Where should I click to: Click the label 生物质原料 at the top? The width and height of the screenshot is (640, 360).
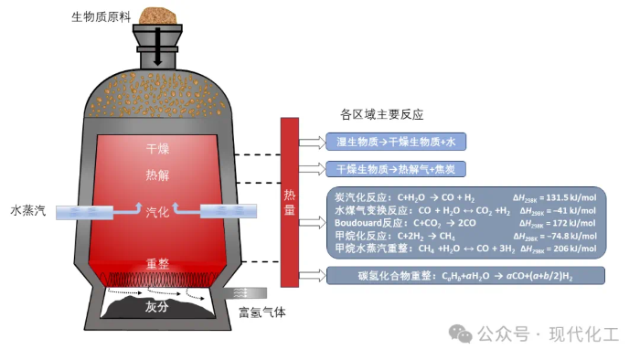[101, 17]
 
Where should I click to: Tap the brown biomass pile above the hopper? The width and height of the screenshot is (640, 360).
[157, 16]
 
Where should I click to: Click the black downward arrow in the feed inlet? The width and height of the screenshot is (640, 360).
[157, 47]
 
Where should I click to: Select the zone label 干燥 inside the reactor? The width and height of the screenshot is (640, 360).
[157, 148]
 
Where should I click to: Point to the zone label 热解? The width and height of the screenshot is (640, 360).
[157, 175]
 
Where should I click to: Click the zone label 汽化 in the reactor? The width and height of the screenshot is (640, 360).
[157, 212]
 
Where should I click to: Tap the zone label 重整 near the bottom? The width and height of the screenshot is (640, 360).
[157, 264]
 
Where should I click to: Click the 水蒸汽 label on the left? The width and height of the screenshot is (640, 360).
[28, 211]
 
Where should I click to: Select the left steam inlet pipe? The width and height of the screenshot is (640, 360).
[84, 212]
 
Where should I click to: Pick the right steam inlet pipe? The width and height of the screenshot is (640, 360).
[229, 211]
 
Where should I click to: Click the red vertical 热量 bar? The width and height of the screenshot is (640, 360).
[290, 202]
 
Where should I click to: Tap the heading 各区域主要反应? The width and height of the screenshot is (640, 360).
[381, 114]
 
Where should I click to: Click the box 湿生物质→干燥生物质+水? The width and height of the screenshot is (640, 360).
[396, 142]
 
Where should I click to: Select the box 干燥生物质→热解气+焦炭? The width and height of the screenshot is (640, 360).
[396, 169]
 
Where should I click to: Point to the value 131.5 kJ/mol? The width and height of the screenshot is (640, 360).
[571, 197]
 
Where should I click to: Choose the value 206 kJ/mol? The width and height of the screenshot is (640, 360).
[575, 249]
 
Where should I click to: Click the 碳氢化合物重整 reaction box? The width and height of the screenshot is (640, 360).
[465, 276]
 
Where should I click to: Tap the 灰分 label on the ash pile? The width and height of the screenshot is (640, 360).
[156, 307]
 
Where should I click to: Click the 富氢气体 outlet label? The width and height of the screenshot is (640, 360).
[262, 312]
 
